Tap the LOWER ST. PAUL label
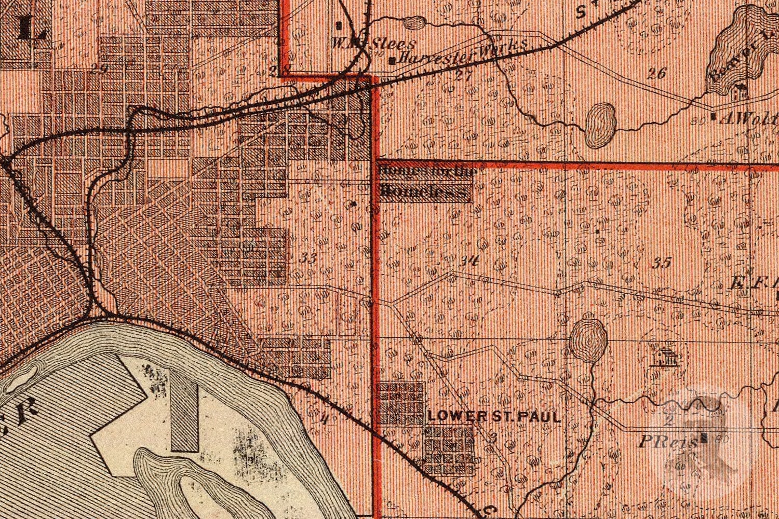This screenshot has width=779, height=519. pyautogui.click(x=495, y=417)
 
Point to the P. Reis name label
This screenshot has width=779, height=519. pyautogui.click(x=667, y=442)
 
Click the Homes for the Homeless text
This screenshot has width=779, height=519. pyautogui.click(x=425, y=182)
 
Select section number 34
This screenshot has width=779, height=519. pyautogui.click(x=468, y=261)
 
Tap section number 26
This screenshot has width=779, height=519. pyautogui.click(x=657, y=73)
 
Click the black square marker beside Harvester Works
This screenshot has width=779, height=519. pyautogui.click(x=393, y=61)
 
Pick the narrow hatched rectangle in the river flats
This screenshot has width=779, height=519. pyautogui.click(x=184, y=410)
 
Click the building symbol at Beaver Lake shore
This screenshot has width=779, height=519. pyautogui.click(x=737, y=93)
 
